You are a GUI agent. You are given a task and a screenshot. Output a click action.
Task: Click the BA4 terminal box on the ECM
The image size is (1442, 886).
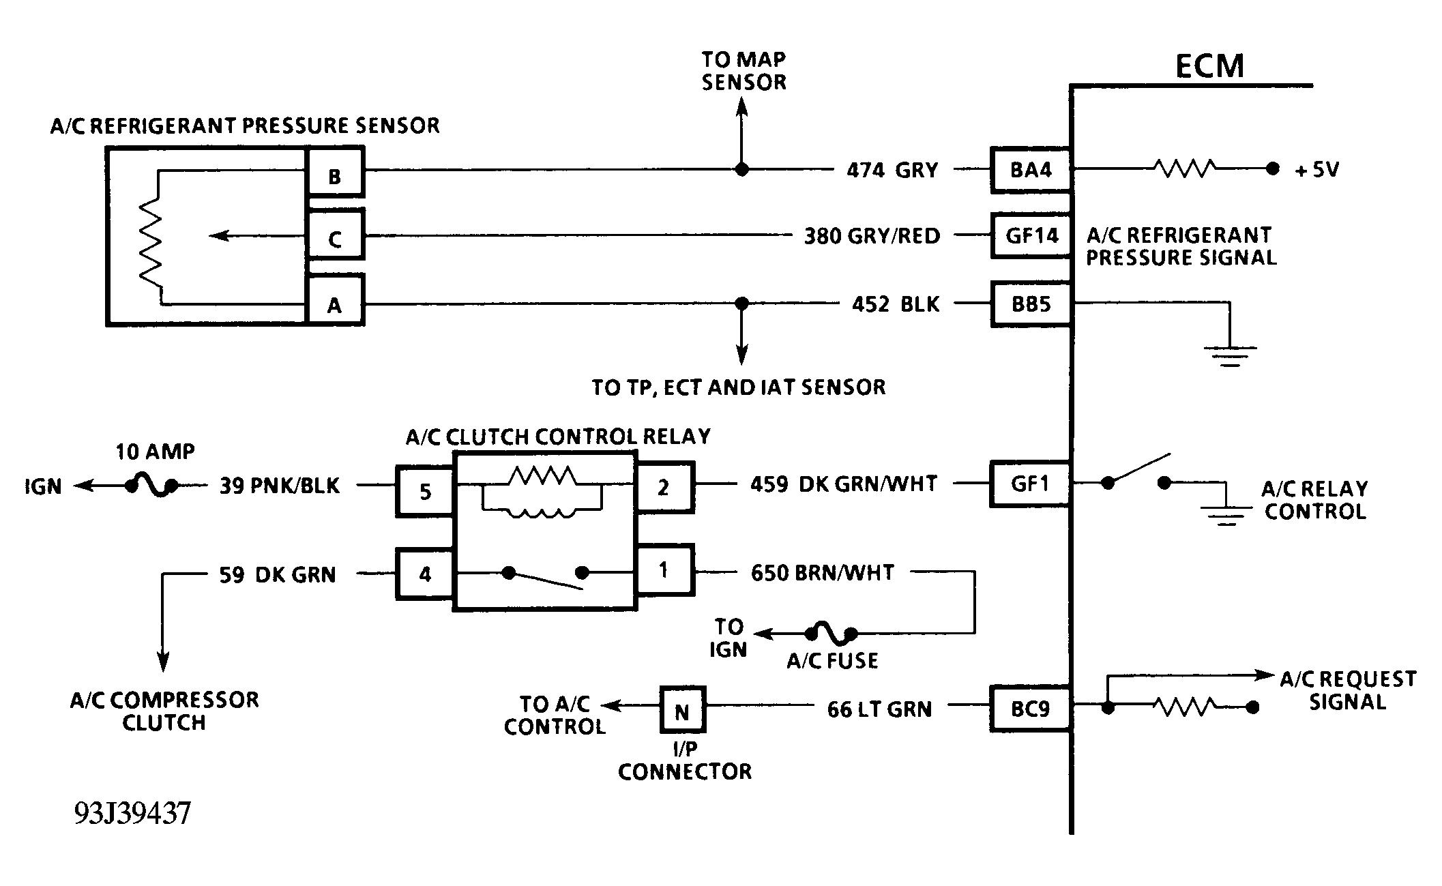1030,169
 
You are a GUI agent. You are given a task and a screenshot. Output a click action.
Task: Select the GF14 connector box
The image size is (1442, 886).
1030,235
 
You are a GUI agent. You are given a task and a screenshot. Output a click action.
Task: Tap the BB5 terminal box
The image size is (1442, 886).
1030,304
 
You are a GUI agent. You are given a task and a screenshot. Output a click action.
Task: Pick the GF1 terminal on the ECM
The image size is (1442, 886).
1030,484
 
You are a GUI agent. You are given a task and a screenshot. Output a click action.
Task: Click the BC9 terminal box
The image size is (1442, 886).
1030,709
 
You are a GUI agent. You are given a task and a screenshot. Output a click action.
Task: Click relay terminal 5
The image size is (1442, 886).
424,491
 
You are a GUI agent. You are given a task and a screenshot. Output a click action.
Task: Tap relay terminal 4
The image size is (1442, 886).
424,574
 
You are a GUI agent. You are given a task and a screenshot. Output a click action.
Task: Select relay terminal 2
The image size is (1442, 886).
664,487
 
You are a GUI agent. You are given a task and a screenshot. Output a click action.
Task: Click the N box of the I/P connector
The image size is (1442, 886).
682,709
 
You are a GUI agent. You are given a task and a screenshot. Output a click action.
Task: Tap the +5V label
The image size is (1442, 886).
1317,169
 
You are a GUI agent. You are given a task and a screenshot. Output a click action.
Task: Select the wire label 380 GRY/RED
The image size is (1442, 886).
872,236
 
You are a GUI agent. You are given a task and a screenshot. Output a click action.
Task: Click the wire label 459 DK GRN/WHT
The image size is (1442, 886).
844,484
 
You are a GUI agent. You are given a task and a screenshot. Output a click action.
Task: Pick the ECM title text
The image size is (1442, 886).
1210,66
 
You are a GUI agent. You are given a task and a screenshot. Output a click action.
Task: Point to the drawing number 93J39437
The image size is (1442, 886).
132,813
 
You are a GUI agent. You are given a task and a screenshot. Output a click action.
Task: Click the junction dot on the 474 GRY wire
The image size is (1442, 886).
742,169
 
